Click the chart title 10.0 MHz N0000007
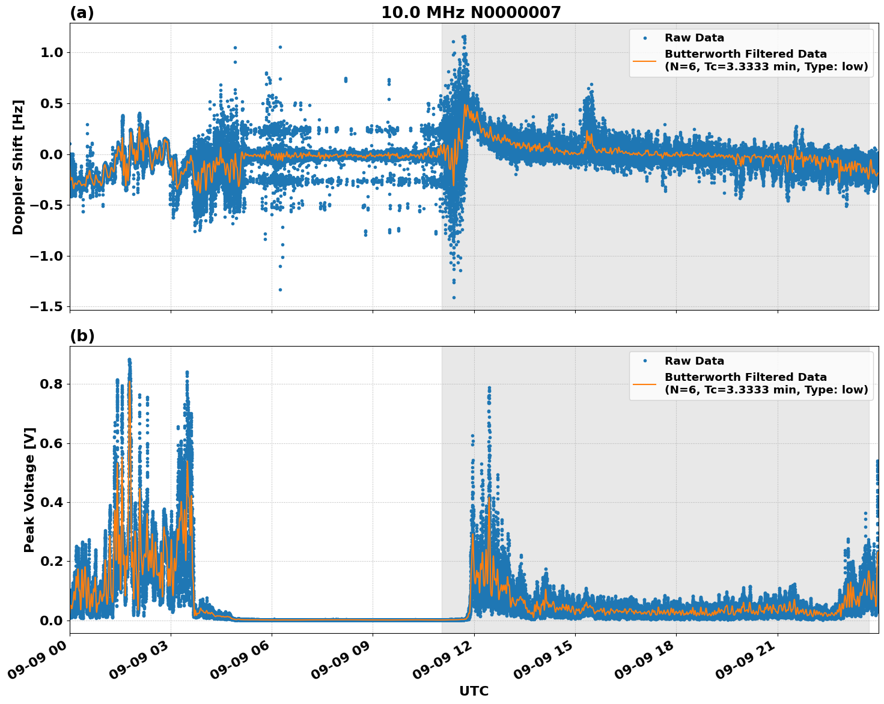click(471, 13)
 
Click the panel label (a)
click(82, 13)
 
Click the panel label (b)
click(82, 336)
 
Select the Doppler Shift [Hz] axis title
click(18, 167)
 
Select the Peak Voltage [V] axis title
click(29, 490)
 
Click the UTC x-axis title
click(474, 691)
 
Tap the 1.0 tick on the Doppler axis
click(51, 53)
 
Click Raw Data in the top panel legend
click(694, 38)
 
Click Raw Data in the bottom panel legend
click(694, 361)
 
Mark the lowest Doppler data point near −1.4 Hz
click(454, 297)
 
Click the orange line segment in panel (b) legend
click(644, 383)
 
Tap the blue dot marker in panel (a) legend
click(644, 38)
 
